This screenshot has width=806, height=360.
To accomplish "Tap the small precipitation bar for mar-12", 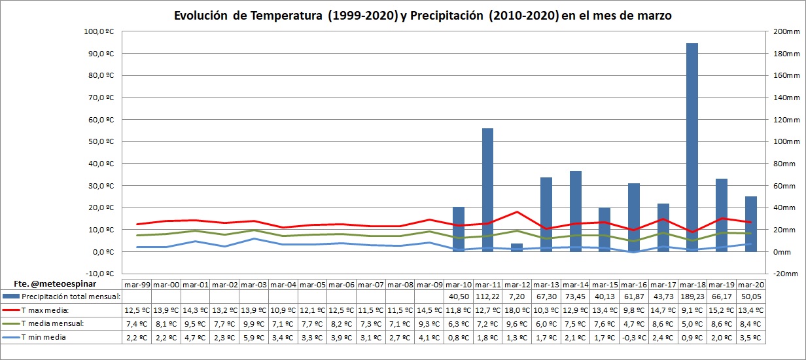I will coord(517,247).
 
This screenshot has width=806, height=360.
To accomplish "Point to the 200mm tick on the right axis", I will coord(782,31).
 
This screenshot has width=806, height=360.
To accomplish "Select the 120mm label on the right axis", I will coord(782,120).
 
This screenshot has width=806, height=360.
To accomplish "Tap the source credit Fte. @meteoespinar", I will coord(46,284).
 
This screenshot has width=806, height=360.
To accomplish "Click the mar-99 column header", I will coord(137,285).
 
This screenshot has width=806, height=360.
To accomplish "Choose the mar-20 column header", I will coord(750,285).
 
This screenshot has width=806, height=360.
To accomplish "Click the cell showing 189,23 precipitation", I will coord(692,297).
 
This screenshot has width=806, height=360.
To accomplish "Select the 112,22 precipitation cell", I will coord(488,297).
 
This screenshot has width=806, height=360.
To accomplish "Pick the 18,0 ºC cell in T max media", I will coord(517,310).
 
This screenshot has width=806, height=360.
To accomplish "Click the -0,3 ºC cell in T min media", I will coord(634,337).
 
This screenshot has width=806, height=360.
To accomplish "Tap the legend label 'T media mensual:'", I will coord(52,323).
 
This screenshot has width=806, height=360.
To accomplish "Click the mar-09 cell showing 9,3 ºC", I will coord(430,323).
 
